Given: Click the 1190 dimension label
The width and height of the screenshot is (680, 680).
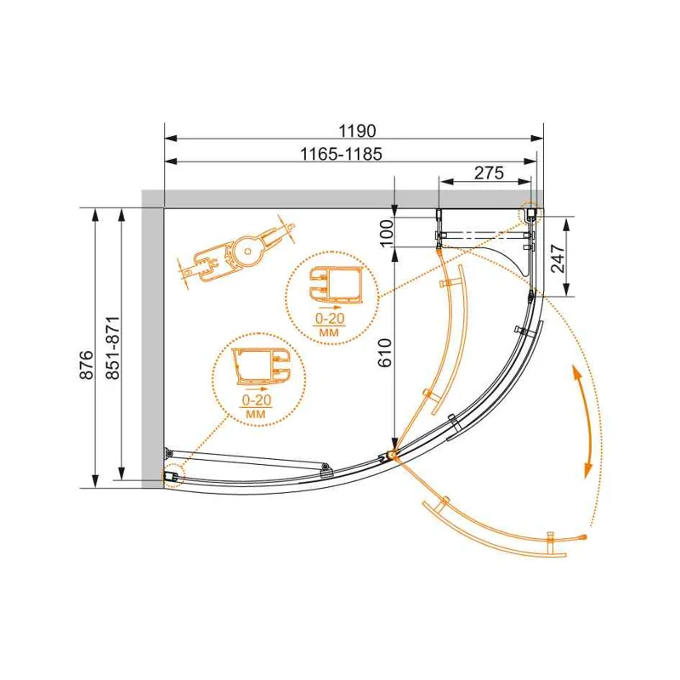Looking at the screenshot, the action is pyautogui.click(x=357, y=130).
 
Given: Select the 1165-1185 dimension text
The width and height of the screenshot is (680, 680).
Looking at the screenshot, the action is pyautogui.click(x=342, y=154).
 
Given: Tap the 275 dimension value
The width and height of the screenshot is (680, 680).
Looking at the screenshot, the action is pyautogui.click(x=490, y=173).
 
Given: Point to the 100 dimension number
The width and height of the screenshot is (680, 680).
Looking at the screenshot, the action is pyautogui.click(x=388, y=233).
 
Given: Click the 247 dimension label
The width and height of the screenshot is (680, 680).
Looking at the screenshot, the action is pyautogui.click(x=558, y=258).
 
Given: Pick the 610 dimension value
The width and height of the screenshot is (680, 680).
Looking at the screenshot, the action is pyautogui.click(x=385, y=352).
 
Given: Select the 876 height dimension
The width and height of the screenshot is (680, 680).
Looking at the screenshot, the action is pyautogui.click(x=87, y=365).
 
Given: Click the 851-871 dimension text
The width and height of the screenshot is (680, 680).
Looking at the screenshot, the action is pyautogui.click(x=113, y=348).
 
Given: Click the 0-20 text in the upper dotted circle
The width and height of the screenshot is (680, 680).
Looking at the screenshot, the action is pyautogui.click(x=330, y=319).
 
